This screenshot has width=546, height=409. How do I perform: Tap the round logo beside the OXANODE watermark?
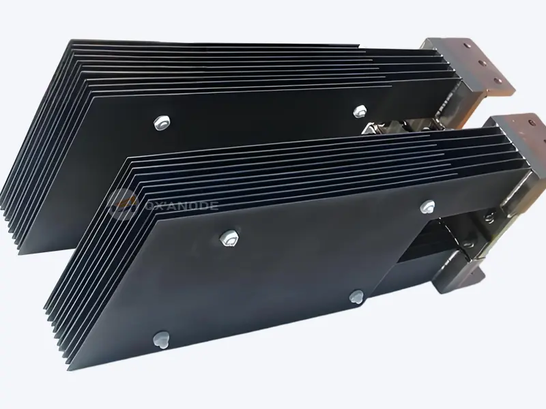coord(123,203)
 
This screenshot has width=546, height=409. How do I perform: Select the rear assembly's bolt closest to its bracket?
coord(359,110)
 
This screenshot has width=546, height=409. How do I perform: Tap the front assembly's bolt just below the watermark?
coord(227,237)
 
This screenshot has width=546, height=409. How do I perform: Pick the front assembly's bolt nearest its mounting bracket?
coord(428,204)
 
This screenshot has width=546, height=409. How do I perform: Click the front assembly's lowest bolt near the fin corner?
coord(161,337)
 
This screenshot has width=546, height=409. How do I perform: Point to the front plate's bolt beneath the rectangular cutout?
coord(356,296)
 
